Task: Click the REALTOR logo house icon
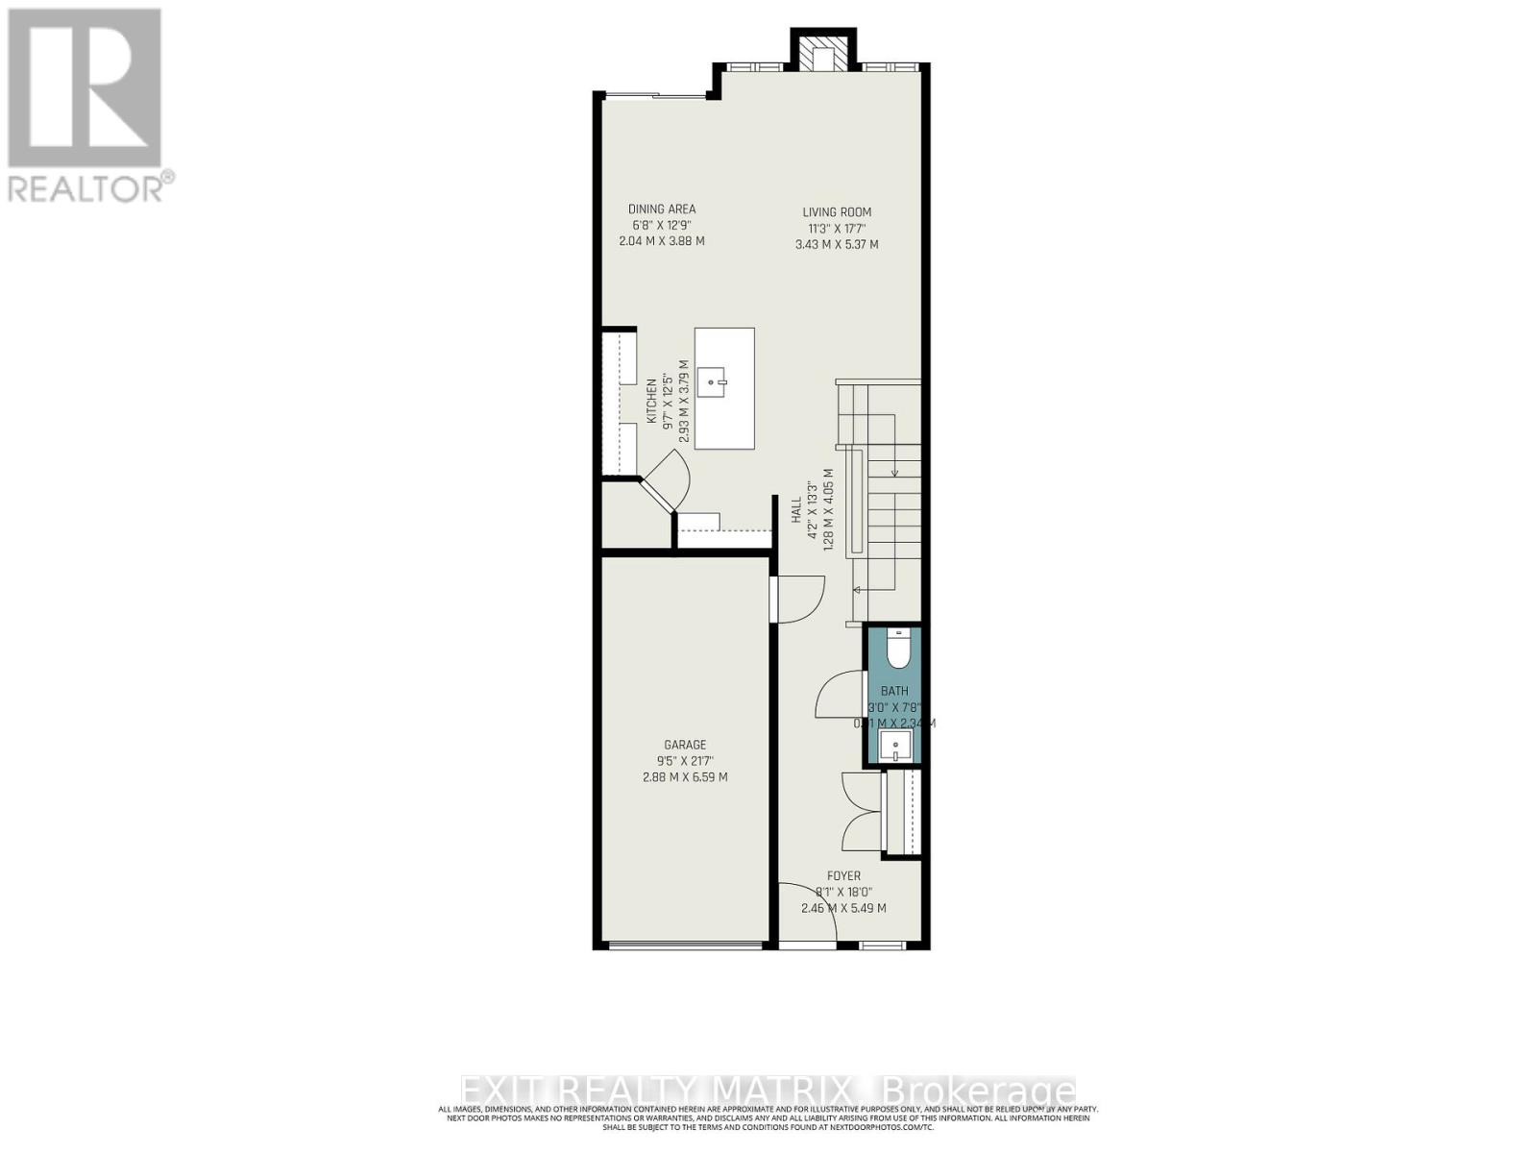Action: pos(85,88)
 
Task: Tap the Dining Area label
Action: pos(662,209)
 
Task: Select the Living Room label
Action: pos(837,212)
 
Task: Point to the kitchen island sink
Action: pos(713,381)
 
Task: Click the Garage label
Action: pos(685,745)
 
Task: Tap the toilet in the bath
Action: pos(897,650)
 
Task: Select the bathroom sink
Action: pos(895,745)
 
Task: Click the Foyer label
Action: pos(843,876)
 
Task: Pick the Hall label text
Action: pos(796,509)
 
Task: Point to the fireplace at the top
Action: pos(822,54)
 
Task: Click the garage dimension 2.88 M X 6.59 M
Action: pos(685,777)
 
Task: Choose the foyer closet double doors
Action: pos(861,812)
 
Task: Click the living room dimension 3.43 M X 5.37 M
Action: pos(837,245)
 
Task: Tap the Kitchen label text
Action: pos(651,402)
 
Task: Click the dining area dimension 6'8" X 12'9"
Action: pos(662,225)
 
